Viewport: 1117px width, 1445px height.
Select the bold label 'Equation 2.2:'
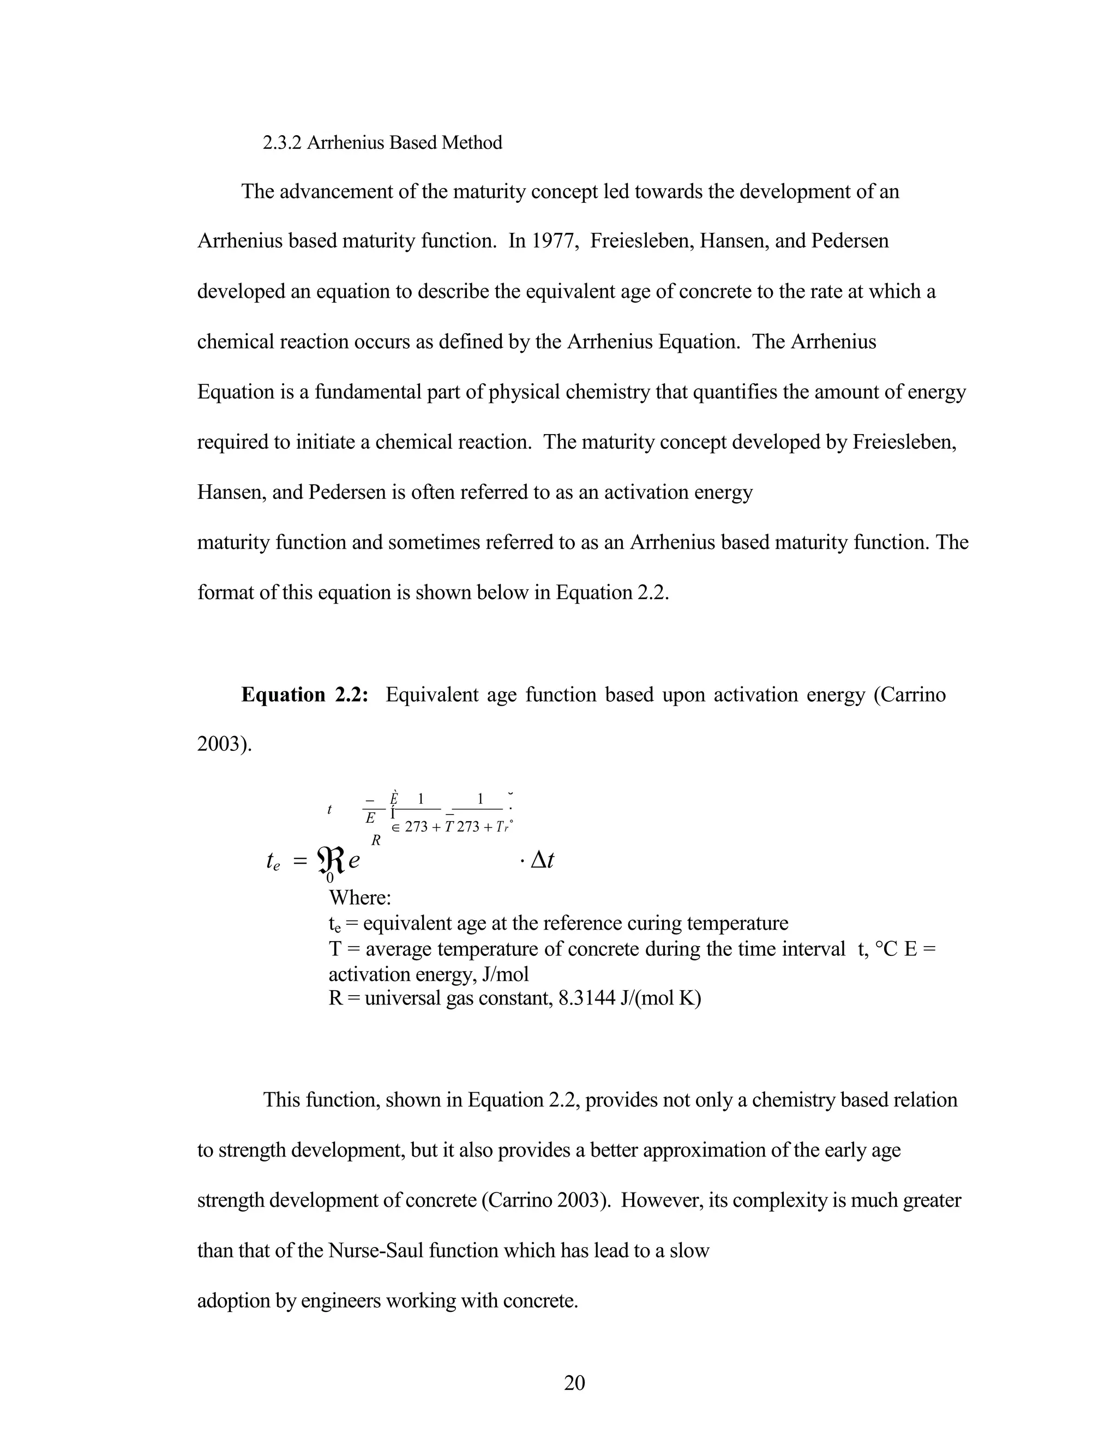click(304, 695)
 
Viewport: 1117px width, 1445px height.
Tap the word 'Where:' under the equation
click(360, 898)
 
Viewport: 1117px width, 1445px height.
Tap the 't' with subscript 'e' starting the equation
click(273, 862)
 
